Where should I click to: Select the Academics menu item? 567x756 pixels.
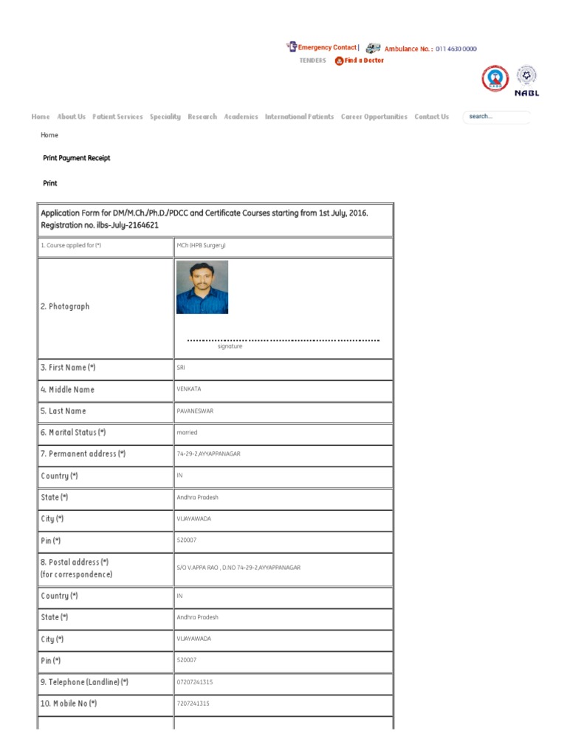click(x=241, y=117)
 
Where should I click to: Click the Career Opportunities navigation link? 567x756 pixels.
click(x=374, y=117)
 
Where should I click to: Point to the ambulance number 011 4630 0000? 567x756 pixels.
click(x=456, y=49)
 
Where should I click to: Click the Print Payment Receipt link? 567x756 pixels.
click(x=77, y=158)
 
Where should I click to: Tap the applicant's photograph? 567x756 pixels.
click(x=202, y=287)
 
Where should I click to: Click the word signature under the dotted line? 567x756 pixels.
click(x=230, y=346)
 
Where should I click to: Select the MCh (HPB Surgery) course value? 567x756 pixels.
click(x=201, y=245)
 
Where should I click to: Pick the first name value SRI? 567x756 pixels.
click(x=181, y=368)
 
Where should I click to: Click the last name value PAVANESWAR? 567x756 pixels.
click(x=195, y=410)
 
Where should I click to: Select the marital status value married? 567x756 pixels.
click(x=187, y=433)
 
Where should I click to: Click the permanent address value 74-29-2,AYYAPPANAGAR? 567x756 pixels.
click(x=208, y=454)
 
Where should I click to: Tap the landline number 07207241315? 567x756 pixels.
click(x=194, y=682)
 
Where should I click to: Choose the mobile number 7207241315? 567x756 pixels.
click(x=193, y=704)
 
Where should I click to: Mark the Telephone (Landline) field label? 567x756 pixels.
click(x=84, y=682)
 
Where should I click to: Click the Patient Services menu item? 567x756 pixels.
click(x=117, y=117)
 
